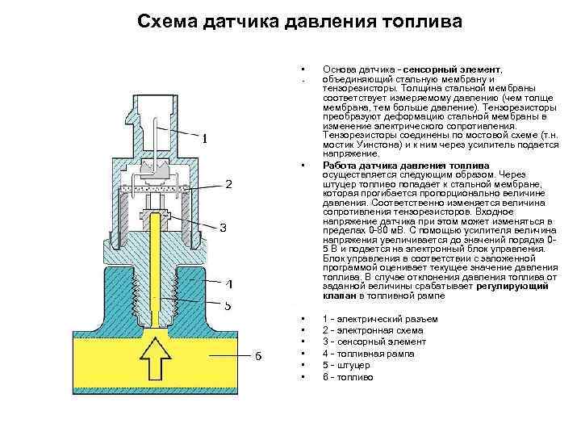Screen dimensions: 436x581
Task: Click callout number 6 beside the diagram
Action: [258, 358]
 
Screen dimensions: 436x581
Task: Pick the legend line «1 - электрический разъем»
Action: [379, 319]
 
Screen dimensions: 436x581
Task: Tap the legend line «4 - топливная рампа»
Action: [368, 354]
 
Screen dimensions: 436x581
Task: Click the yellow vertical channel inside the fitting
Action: [158, 266]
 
